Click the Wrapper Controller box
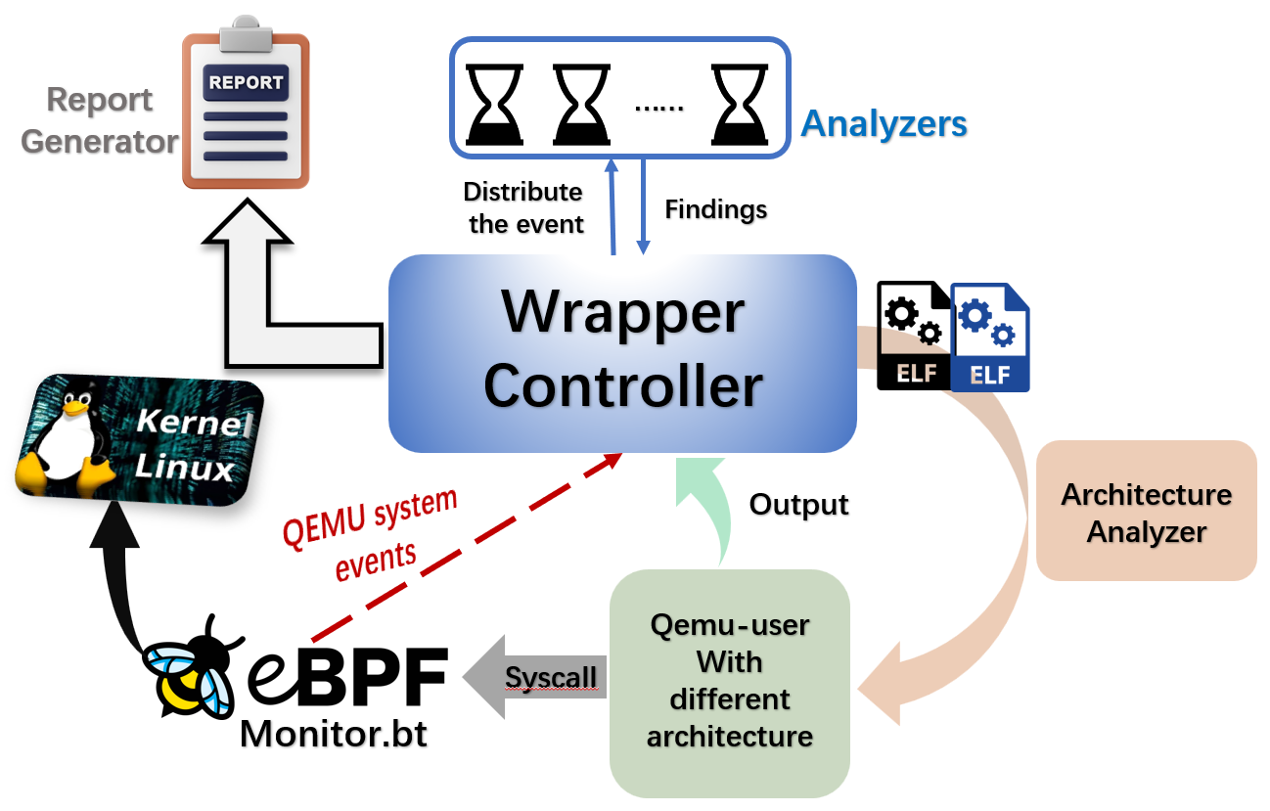(x=622, y=352)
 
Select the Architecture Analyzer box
(x=1146, y=511)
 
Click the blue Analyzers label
(x=884, y=124)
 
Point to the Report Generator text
(x=99, y=120)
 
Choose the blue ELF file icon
(x=990, y=338)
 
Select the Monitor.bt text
(x=333, y=733)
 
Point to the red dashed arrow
(x=460, y=548)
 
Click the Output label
(x=798, y=505)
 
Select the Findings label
(x=715, y=209)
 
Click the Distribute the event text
(x=525, y=207)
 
